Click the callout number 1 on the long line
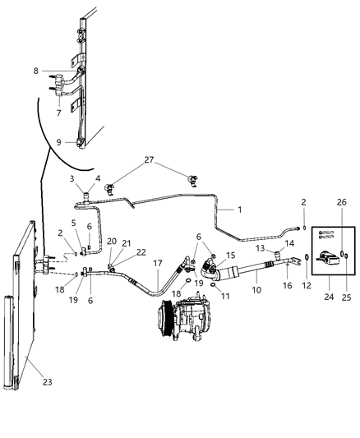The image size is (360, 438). pyautogui.click(x=240, y=210)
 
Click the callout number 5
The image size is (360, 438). pyautogui.click(x=73, y=223)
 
